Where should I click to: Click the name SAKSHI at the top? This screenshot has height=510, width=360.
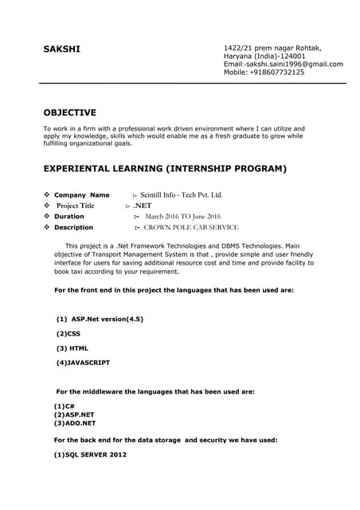click(61, 49)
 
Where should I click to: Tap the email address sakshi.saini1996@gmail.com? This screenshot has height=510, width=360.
click(294, 64)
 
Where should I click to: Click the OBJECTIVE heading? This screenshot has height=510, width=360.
click(69, 112)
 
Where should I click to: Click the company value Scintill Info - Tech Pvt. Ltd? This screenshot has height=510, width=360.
click(182, 194)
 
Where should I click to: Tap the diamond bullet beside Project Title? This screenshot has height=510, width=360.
click(47, 206)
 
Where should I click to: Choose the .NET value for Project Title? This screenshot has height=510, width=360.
click(143, 206)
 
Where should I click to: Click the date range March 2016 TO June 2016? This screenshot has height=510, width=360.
click(183, 216)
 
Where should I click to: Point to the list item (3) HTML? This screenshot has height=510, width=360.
click(72, 347)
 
